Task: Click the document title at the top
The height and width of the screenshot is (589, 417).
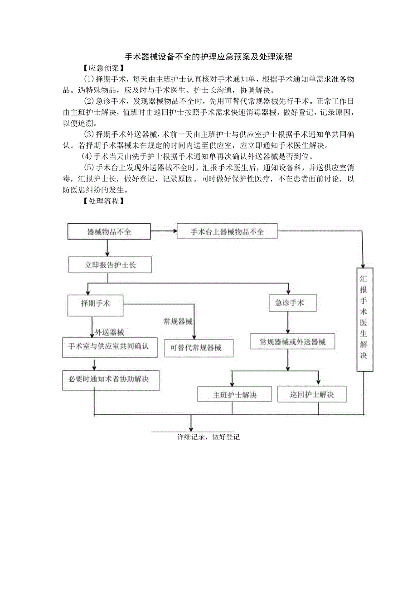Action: point(208,57)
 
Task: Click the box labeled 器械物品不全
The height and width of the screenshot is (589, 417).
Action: point(109,232)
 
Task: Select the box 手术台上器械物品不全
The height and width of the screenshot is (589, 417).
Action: point(227,232)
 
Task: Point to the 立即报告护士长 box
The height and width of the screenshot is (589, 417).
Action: point(110,265)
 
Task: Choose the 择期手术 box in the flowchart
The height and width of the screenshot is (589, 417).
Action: point(95,303)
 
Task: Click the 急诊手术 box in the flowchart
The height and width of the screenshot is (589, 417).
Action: point(290,303)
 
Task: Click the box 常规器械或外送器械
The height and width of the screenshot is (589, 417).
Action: point(292,342)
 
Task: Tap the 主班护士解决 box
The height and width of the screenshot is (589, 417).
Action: point(234,394)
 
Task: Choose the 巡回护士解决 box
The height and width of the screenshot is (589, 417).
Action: point(312,394)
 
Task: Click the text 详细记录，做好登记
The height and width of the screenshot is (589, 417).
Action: point(208,437)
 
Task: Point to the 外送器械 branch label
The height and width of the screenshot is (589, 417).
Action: point(109,333)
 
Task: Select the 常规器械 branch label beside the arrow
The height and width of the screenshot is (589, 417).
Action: point(178,322)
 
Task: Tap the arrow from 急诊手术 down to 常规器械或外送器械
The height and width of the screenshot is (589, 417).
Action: point(288,323)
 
